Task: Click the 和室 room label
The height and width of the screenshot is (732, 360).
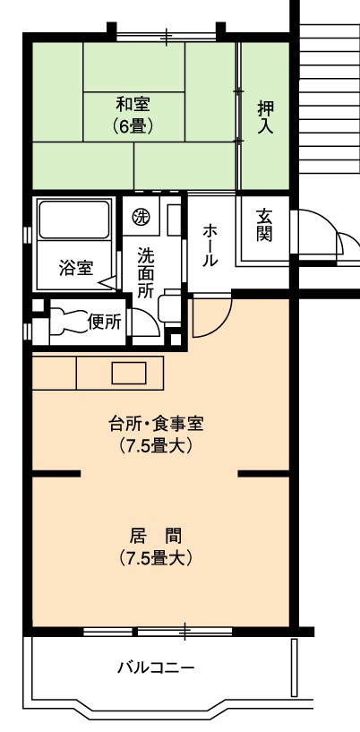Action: pyautogui.click(x=133, y=104)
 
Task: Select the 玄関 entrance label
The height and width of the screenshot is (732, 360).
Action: pyautogui.click(x=263, y=225)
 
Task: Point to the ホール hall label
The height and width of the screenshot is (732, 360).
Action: pyautogui.click(x=210, y=245)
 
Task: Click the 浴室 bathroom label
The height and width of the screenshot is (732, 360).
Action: pyautogui.click(x=76, y=269)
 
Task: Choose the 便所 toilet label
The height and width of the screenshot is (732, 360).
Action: pyautogui.click(x=105, y=323)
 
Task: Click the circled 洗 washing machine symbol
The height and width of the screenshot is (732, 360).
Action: pyautogui.click(x=139, y=216)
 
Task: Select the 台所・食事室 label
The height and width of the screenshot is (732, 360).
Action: pyautogui.click(x=156, y=425)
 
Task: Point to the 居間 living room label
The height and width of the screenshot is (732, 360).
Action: pyautogui.click(x=156, y=537)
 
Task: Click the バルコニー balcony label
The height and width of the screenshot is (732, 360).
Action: pyautogui.click(x=155, y=668)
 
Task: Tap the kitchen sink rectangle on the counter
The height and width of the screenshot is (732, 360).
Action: pyautogui.click(x=129, y=373)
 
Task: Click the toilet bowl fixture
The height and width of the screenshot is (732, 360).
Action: pyautogui.click(x=69, y=322)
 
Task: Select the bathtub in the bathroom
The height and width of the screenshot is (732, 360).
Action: pyautogui.click(x=74, y=220)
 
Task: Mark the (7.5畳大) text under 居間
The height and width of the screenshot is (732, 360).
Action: pyautogui.click(x=156, y=558)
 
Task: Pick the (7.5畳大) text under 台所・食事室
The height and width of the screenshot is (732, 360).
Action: pyautogui.click(x=156, y=446)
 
